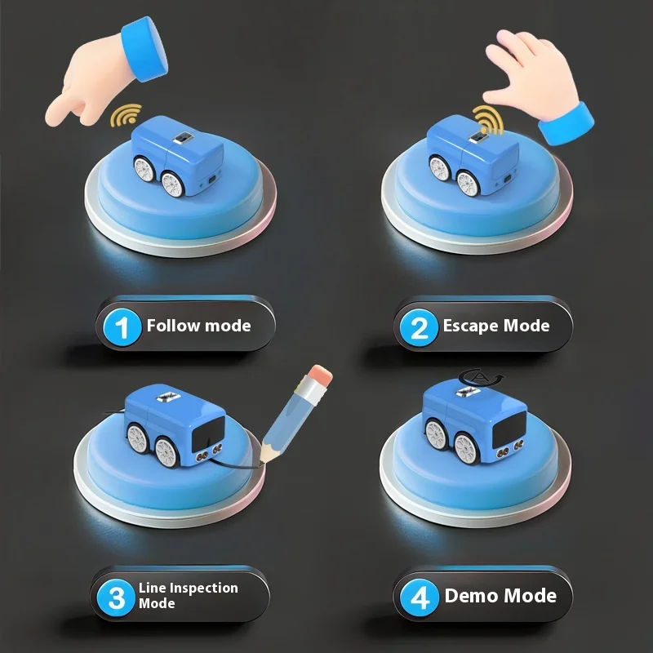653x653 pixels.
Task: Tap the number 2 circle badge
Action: coord(419,327)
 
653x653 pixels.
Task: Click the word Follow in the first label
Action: coord(174,326)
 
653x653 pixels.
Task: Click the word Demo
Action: coord(473,596)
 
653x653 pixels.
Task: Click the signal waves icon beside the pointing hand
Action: coord(123,116)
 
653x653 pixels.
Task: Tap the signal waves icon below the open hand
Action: coord(487,118)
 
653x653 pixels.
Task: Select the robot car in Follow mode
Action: coord(178,159)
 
